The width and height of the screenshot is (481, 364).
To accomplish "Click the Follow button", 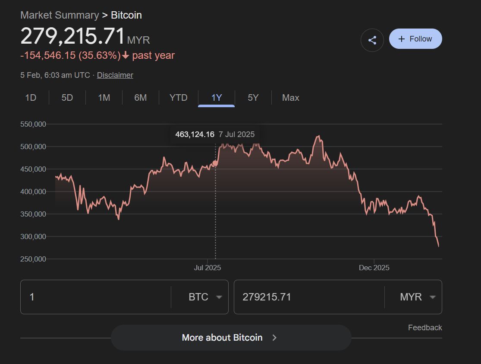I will click(415, 39).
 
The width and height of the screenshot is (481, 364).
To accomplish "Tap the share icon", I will click(372, 40).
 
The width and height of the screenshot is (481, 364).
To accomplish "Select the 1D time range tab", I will click(31, 98).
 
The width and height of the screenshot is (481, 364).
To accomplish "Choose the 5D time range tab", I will click(67, 98).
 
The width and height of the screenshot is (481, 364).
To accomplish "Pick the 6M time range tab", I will click(141, 98).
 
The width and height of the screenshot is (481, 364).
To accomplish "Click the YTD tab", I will click(179, 98).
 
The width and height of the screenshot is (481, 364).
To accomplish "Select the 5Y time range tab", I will click(253, 98).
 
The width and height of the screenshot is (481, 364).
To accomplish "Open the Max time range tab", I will click(291, 98).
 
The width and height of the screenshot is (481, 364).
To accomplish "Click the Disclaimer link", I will click(115, 75).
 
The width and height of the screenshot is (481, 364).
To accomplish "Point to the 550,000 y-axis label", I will click(33, 124).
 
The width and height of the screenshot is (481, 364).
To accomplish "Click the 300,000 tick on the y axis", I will click(33, 236).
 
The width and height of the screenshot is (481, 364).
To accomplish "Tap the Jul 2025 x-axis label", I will click(207, 268).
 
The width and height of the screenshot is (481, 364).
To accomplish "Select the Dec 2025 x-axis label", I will click(374, 268).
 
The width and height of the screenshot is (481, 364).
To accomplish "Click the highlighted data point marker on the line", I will click(215, 163).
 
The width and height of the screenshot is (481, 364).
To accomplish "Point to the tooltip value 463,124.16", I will click(195, 134).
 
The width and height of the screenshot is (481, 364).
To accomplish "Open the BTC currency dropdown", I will click(205, 297).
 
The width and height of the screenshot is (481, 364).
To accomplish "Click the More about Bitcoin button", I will click(231, 338).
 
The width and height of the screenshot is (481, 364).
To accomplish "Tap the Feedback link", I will click(425, 328).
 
